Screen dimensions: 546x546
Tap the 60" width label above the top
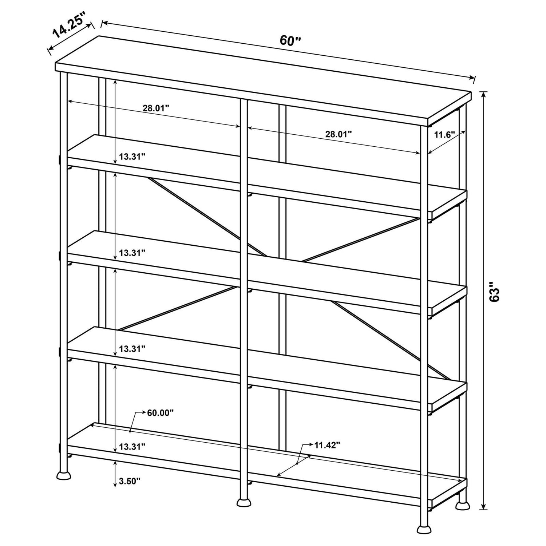[290, 40]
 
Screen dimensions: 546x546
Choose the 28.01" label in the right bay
[339, 134]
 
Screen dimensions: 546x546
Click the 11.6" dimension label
[444, 135]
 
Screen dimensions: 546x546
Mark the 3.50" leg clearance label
[130, 481]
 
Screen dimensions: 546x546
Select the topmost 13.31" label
[132, 157]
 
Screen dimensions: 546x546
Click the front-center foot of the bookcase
[244, 503]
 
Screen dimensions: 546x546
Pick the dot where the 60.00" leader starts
[130, 431]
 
